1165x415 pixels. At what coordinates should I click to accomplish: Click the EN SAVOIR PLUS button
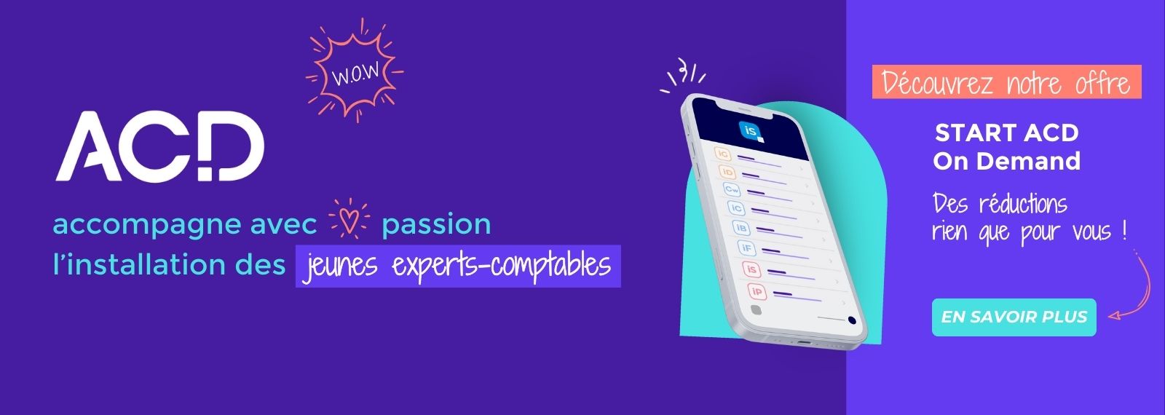coord(1014,317)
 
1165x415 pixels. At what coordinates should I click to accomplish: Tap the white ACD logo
coord(159,146)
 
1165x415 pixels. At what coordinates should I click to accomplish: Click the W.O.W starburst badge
coord(355,71)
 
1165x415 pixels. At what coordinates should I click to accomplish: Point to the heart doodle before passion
coord(349,219)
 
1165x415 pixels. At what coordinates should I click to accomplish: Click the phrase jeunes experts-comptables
coord(458,266)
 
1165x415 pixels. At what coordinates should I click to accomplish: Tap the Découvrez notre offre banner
coord(1007,82)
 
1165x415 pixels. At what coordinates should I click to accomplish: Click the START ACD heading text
coord(1007,133)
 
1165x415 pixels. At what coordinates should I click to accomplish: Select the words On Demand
coord(1007,161)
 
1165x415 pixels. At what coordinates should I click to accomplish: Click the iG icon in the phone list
coord(722,154)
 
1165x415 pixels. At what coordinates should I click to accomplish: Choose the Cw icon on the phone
coord(732,189)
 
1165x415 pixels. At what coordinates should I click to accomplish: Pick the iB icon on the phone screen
coord(741,228)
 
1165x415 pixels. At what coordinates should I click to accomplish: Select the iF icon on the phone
coord(746,248)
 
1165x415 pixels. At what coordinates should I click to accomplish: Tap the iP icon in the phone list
coord(757,292)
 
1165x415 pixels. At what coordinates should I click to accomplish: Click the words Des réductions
coord(1000,203)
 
